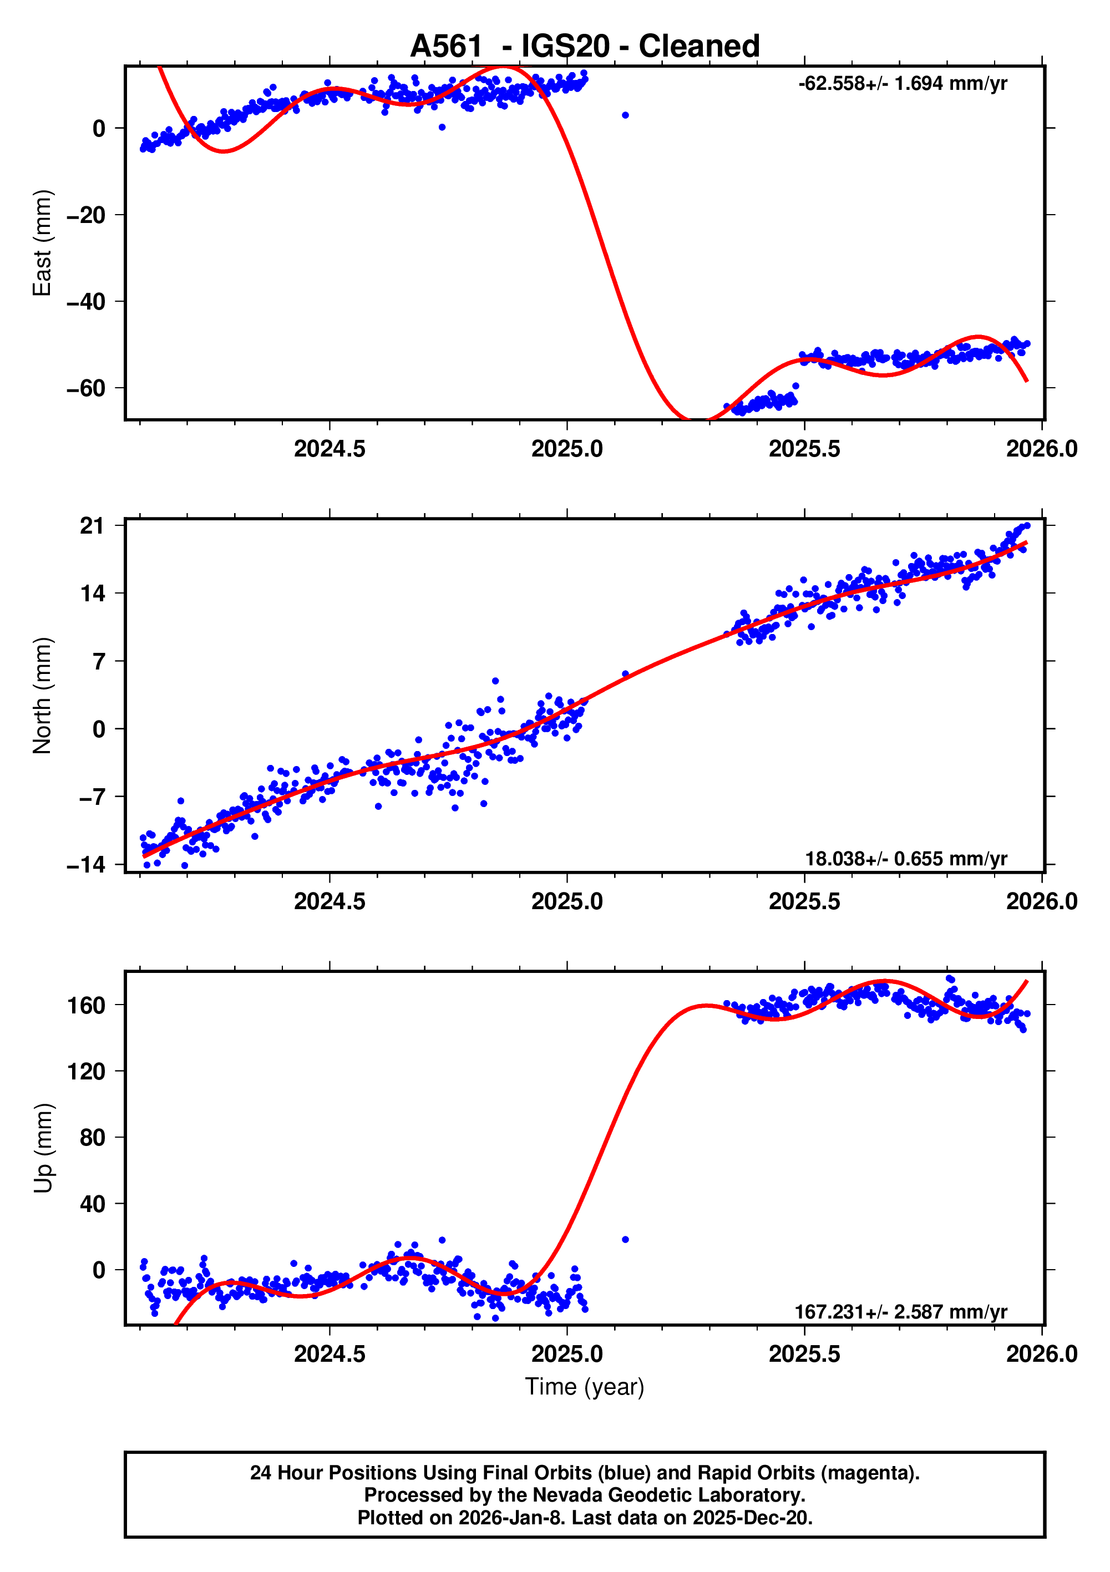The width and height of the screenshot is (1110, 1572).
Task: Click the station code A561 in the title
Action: (x=446, y=47)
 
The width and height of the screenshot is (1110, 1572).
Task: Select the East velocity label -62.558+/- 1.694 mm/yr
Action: (x=902, y=84)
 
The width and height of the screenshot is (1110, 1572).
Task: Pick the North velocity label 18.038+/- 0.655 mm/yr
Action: (x=905, y=859)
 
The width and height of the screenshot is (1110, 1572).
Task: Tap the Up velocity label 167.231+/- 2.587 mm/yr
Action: (x=900, y=1312)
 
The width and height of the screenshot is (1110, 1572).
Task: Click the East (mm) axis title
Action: (x=43, y=243)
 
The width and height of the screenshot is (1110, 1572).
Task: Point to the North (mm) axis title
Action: (x=43, y=696)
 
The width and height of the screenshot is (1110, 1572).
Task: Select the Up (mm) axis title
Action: (x=43, y=1148)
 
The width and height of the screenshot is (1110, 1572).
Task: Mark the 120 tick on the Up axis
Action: (x=87, y=1071)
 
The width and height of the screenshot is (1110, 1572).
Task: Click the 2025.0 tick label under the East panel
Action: (x=567, y=449)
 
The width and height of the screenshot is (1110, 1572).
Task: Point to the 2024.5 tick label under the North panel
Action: (x=330, y=902)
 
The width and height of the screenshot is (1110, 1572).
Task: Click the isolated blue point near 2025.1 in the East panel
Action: (x=625, y=115)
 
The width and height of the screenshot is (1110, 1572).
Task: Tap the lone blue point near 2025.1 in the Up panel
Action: (x=625, y=1239)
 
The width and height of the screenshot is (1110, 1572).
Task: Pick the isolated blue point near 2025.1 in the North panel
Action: (x=625, y=675)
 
